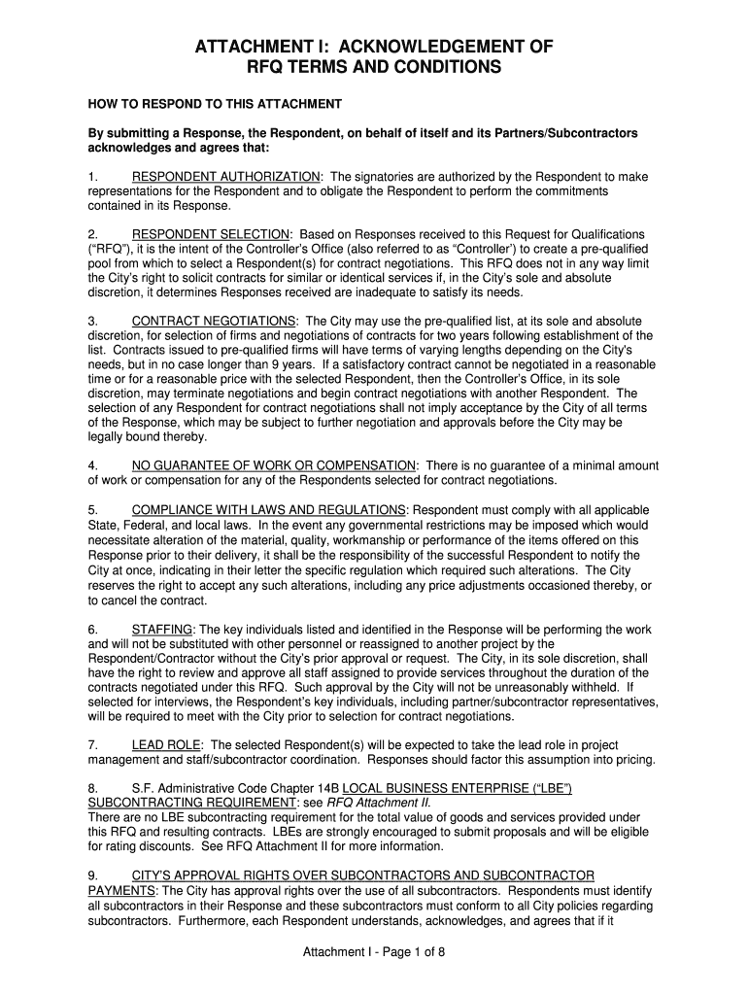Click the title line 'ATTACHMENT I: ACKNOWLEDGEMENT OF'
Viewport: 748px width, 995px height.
374,47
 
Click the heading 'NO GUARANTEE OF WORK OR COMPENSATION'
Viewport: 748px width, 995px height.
274,465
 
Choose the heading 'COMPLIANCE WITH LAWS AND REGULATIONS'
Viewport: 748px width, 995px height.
268,510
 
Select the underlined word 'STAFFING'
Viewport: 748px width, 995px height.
162,629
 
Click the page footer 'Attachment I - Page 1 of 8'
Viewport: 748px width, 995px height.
374,952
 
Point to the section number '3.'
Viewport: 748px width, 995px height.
93,321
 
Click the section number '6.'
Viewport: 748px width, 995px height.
93,629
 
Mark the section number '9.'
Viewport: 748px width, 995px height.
93,875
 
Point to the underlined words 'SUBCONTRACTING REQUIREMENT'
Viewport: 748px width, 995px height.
190,803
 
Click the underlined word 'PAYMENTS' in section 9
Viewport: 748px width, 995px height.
121,890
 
